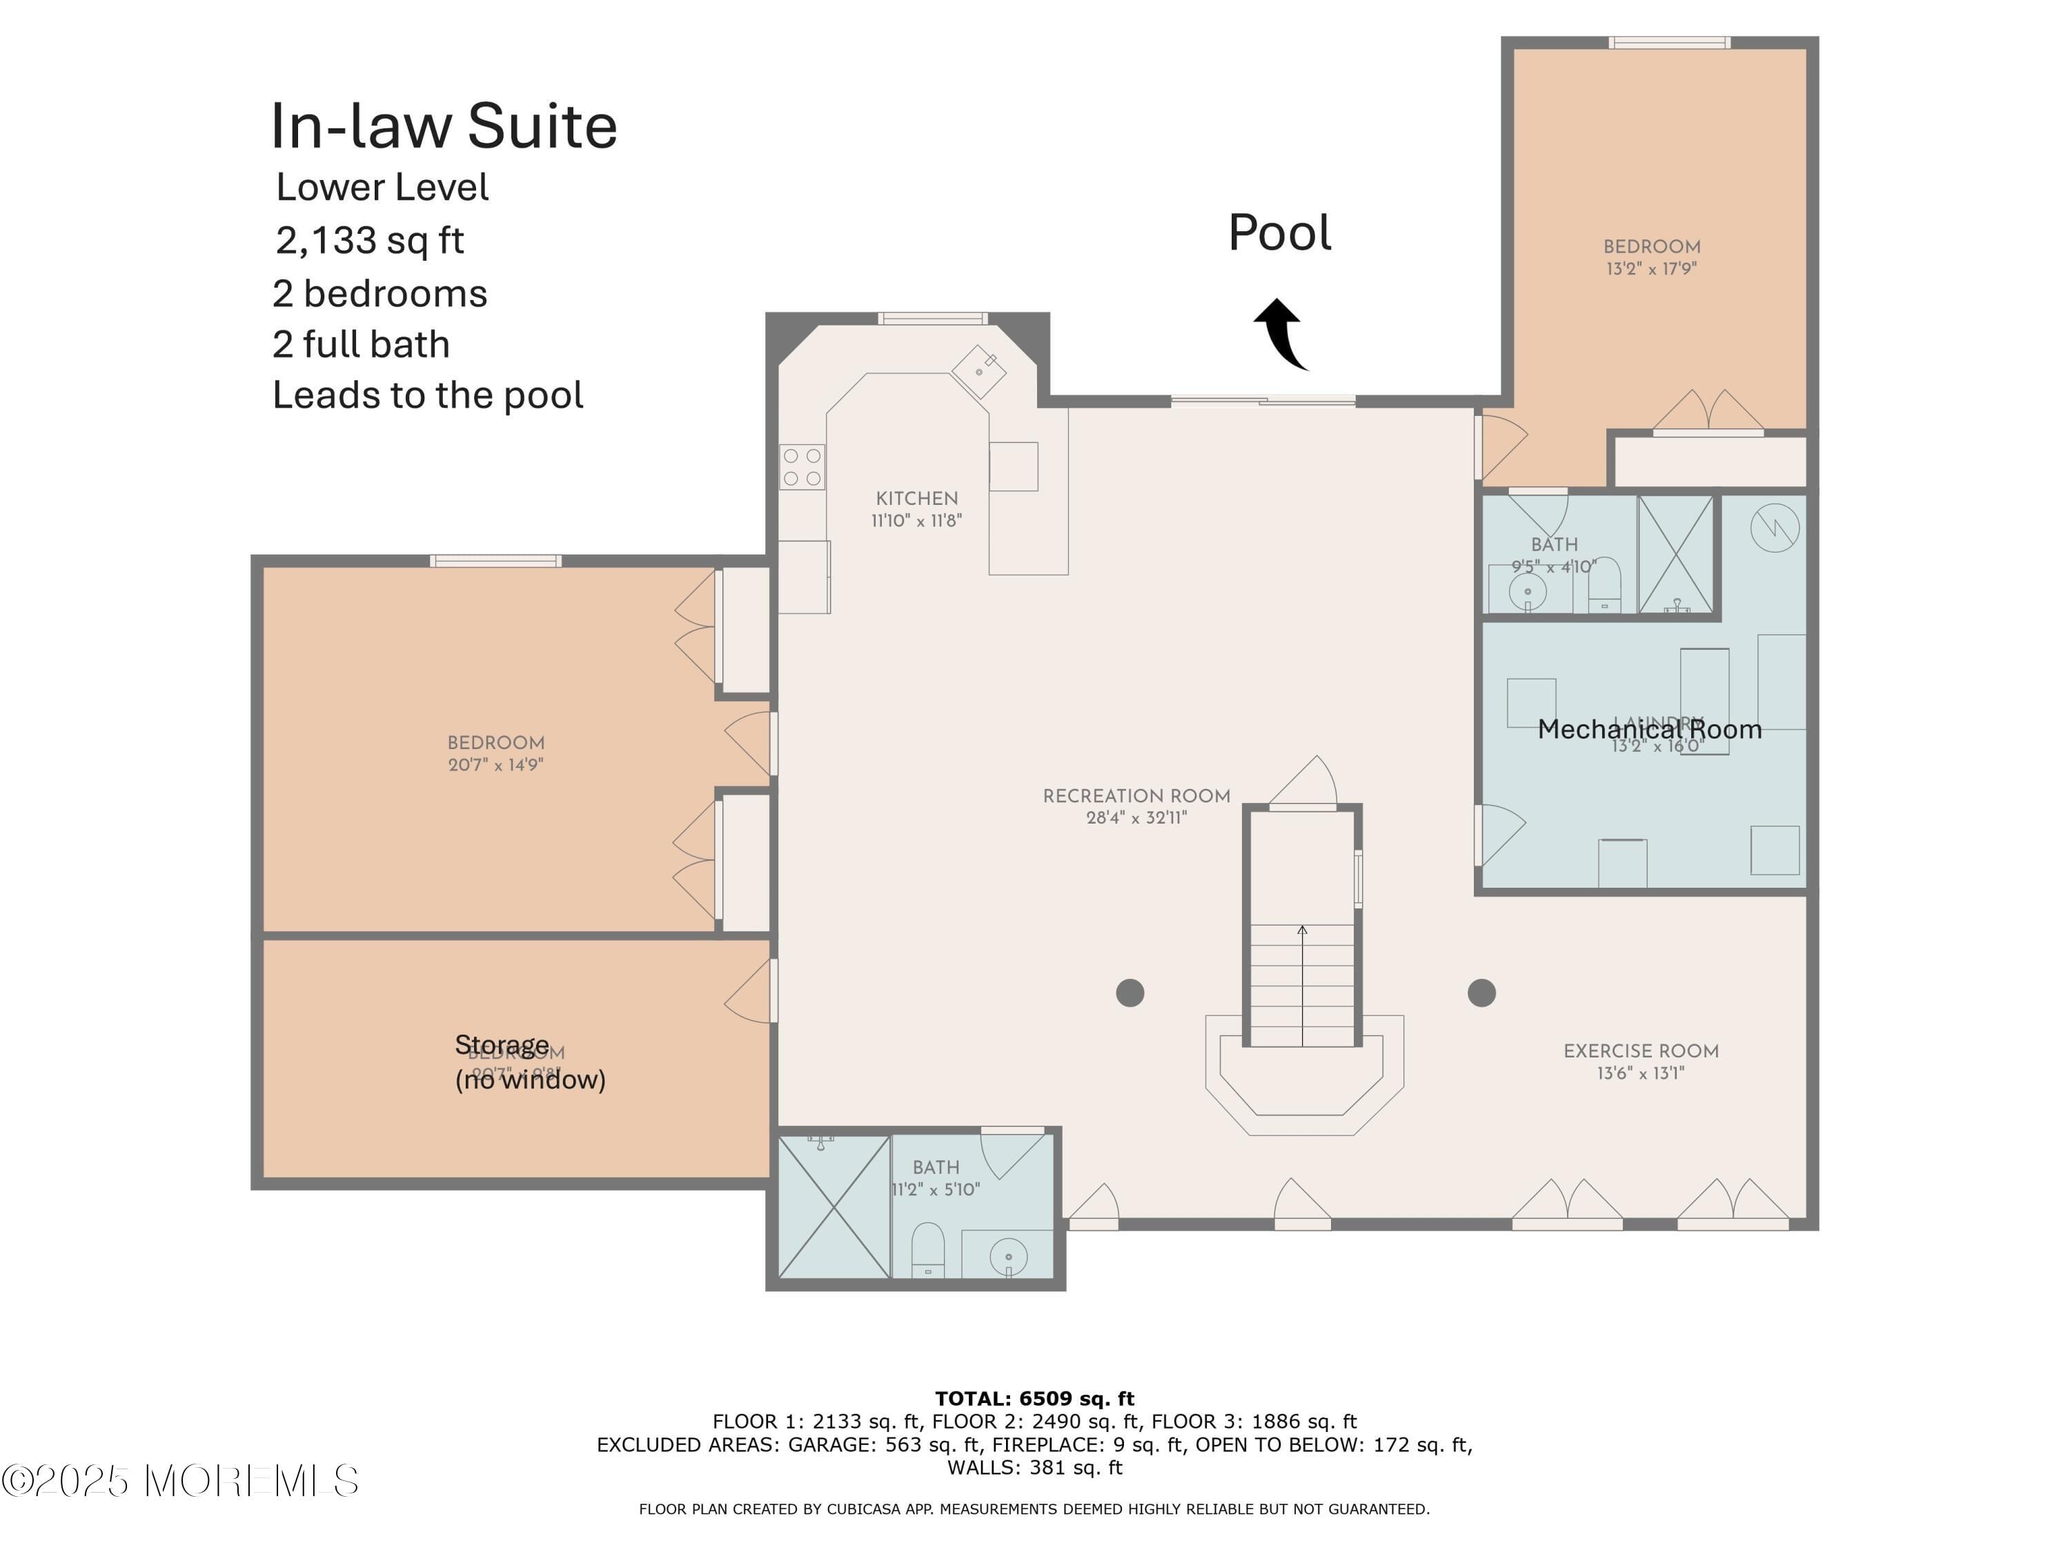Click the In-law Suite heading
coord(444,126)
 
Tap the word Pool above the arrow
coord(1279,233)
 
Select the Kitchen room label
coord(916,499)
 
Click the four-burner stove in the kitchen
coord(802,467)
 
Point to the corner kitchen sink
coord(979,371)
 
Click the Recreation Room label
coord(1136,796)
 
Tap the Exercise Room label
coord(1640,1051)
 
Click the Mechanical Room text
coord(1649,730)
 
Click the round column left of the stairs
coord(1130,993)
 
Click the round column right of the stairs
coord(1481,993)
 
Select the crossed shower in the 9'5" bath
coord(1675,555)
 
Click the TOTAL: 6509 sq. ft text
coord(1034,1399)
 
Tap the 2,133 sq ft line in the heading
coord(370,241)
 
